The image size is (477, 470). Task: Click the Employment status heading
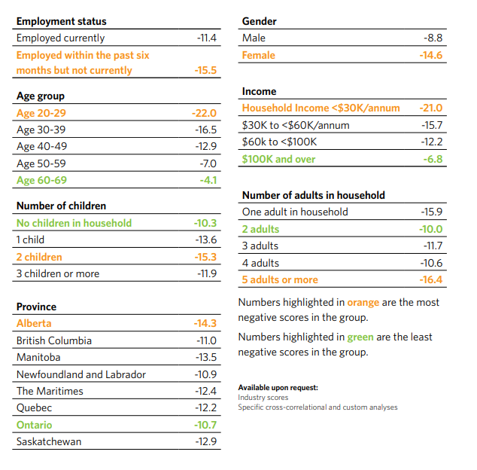pyautogui.click(x=62, y=21)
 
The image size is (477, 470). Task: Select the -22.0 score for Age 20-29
pyautogui.click(x=204, y=113)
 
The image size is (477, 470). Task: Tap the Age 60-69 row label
pyautogui.click(x=41, y=180)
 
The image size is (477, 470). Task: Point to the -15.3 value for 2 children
pyautogui.click(x=205, y=257)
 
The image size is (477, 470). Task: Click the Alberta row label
pyautogui.click(x=34, y=323)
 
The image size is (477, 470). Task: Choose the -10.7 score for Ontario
pyautogui.click(x=205, y=425)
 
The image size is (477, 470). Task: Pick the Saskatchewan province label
pyautogui.click(x=49, y=441)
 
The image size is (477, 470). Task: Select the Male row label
pyautogui.click(x=254, y=38)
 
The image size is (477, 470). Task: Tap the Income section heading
pyautogui.click(x=260, y=91)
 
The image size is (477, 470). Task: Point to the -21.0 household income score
pyautogui.click(x=430, y=108)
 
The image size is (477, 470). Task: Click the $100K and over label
pyautogui.click(x=278, y=159)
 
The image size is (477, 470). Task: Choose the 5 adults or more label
pyautogui.click(x=280, y=279)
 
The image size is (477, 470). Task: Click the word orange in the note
pyautogui.click(x=363, y=303)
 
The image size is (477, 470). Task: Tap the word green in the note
pyautogui.click(x=360, y=337)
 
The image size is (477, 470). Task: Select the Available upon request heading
pyautogui.click(x=278, y=388)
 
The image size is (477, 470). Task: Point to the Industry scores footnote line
pyautogui.click(x=263, y=397)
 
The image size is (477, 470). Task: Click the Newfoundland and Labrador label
pyautogui.click(x=81, y=374)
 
